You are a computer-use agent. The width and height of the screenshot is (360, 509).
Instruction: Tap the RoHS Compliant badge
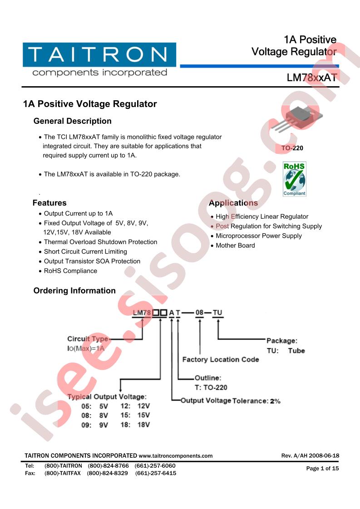(294, 179)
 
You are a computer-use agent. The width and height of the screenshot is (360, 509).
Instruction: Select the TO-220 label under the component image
(292, 148)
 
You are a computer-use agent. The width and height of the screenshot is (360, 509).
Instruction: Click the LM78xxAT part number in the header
(311, 78)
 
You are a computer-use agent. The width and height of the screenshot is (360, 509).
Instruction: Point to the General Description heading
(73, 121)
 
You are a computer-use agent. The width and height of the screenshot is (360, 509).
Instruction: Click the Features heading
(49, 203)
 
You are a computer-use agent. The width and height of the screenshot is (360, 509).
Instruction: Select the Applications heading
(233, 203)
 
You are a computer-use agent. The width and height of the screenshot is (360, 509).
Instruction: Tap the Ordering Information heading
(74, 290)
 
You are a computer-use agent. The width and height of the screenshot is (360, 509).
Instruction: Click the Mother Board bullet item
(235, 245)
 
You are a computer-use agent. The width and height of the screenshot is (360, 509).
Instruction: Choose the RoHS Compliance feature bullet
(70, 271)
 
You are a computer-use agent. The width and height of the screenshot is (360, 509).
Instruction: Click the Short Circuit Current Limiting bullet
(85, 252)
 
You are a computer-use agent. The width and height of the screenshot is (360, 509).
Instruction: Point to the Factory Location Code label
(221, 359)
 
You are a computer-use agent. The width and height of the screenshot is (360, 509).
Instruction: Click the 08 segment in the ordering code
(199, 313)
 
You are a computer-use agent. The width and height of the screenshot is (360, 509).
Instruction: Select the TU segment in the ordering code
(217, 313)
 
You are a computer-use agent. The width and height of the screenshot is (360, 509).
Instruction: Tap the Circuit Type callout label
(88, 339)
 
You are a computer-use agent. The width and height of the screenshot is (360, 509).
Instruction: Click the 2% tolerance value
(275, 401)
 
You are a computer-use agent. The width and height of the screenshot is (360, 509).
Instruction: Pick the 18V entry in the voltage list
(143, 425)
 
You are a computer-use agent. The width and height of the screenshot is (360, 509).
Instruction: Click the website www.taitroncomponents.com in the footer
(176, 456)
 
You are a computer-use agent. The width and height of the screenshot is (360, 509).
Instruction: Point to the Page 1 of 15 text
(322, 469)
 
